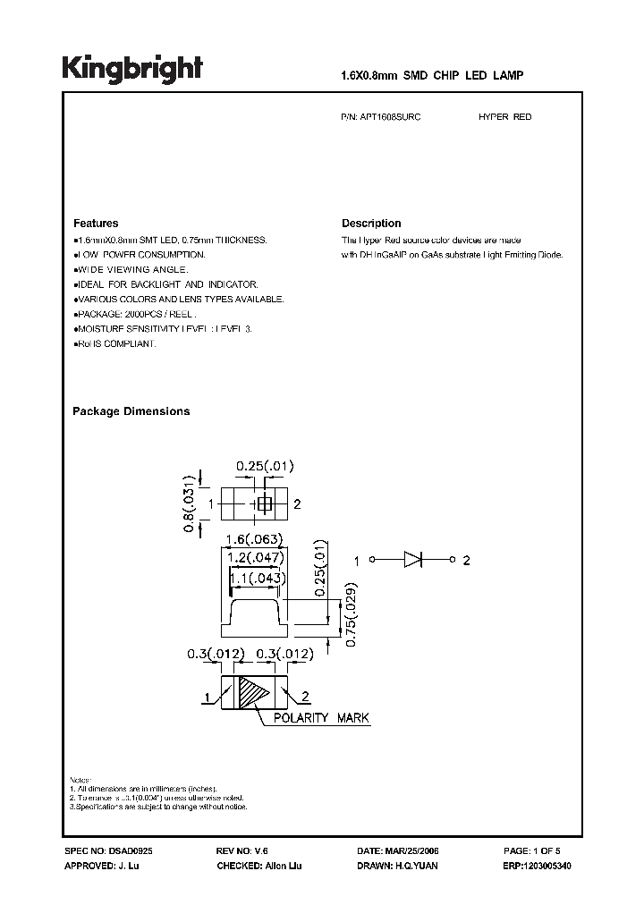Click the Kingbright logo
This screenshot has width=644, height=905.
coord(131,71)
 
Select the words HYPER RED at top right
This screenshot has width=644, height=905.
coord(505,117)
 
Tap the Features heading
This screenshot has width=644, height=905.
coord(96,224)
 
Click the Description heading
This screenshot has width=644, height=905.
coord(371,224)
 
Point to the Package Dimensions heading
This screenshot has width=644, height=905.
coord(131,411)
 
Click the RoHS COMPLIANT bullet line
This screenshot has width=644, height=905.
coord(115,344)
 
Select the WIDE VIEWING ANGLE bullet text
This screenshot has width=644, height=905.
coord(132,269)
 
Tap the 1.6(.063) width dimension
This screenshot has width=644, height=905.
coord(255,539)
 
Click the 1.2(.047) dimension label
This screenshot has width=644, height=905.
coord(255,557)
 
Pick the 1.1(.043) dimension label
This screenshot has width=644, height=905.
coord(257,579)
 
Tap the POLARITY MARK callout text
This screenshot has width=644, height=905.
coord(321,718)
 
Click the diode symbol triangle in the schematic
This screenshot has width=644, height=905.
coord(412,561)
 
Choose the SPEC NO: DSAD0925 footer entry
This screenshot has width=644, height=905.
coord(102,851)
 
